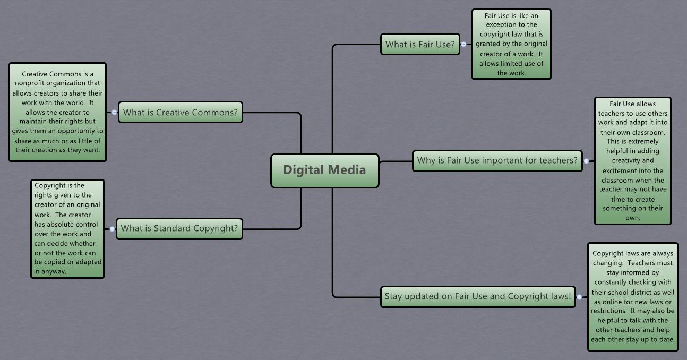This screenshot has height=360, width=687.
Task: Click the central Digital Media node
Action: (324, 170)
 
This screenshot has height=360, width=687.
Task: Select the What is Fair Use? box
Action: (420, 45)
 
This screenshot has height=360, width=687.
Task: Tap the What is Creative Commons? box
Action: (181, 113)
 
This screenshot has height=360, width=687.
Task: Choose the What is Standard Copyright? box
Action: (179, 229)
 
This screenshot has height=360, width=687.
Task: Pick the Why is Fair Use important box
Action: (497, 160)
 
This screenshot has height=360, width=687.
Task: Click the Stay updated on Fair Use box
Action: (478, 296)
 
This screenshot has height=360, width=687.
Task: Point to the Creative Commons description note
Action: (57, 112)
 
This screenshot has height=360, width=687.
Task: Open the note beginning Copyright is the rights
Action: (67, 229)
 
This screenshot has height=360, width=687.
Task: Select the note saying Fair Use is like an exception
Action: (511, 45)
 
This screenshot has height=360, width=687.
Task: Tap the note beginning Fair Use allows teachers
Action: (632, 160)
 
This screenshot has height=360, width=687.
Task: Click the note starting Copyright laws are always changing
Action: (632, 296)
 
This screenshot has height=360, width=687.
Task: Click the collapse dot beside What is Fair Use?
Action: (463, 45)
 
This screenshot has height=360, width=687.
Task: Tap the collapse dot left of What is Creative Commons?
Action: (114, 113)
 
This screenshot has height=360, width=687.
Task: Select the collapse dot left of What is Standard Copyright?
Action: (112, 229)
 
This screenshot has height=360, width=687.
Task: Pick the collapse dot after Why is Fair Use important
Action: (586, 160)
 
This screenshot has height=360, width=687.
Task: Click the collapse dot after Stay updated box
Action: (579, 297)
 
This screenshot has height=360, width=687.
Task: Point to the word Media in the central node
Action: (347, 170)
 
